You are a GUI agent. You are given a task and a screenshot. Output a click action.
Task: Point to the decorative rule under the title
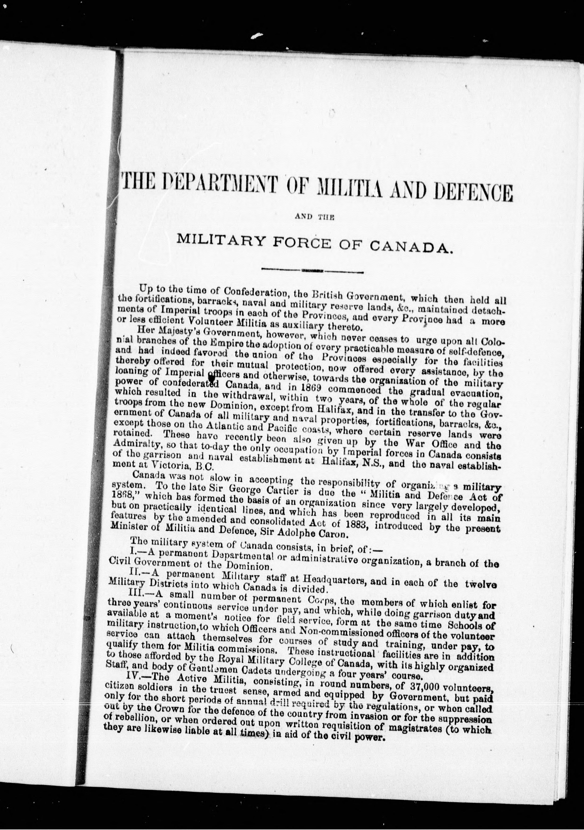pyautogui.click(x=312, y=270)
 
